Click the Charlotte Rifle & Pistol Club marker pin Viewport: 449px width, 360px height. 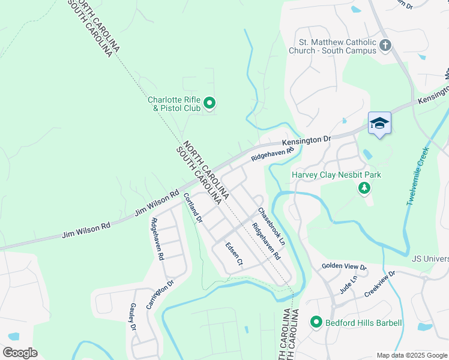[209, 104]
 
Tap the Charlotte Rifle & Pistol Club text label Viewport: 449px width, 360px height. [175, 104]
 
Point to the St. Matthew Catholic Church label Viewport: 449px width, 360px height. [338, 46]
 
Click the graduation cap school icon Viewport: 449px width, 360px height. [379, 124]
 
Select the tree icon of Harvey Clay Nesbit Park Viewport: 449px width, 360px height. [364, 189]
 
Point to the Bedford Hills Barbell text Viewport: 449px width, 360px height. [364, 323]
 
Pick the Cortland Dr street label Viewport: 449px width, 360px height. [193, 208]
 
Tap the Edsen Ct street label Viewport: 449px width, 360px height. [234, 254]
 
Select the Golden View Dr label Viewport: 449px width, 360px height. [344, 266]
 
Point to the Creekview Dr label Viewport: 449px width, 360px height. [380, 284]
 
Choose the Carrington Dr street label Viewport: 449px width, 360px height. [163, 293]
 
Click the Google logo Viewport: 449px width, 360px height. [20, 353]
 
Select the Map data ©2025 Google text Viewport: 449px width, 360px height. [412, 355]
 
